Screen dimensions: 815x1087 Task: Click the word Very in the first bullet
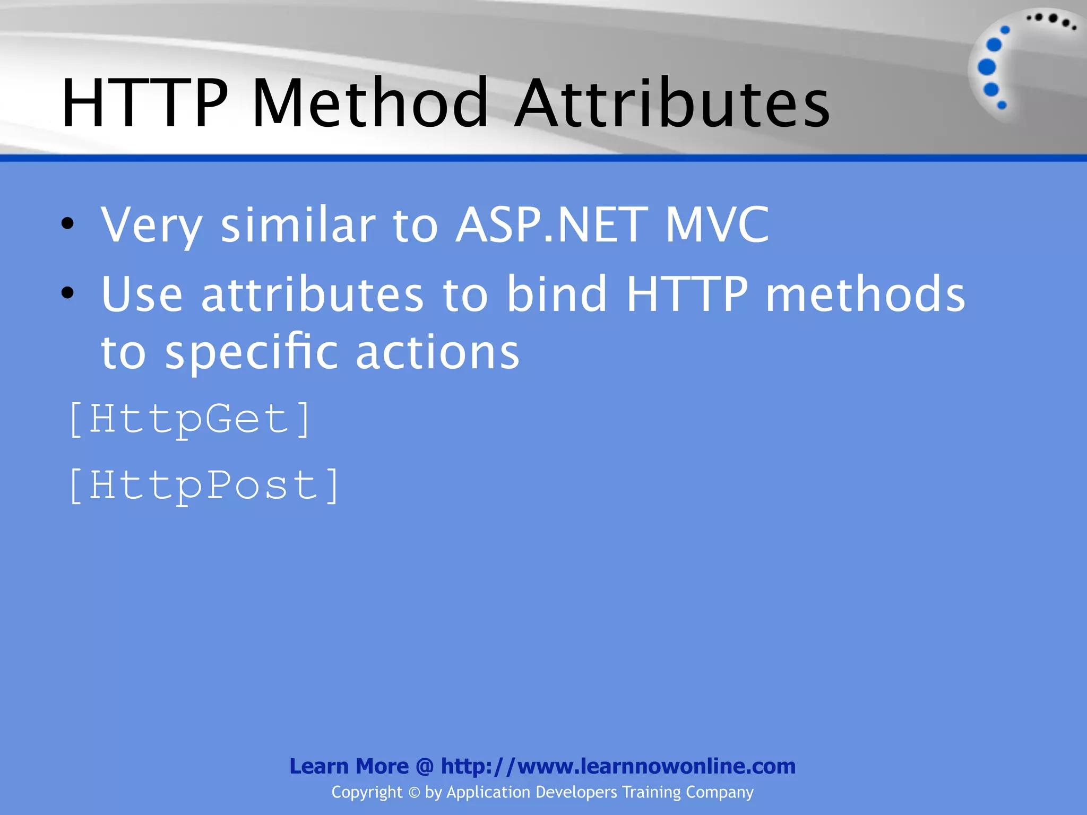coord(152,225)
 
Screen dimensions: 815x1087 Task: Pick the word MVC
coord(717,225)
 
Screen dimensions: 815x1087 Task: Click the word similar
coord(298,225)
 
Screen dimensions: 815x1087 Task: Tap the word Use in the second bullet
coord(142,294)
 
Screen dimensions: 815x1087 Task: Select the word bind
coord(557,294)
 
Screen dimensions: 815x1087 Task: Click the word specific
coord(251,352)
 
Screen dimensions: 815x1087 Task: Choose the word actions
coord(437,353)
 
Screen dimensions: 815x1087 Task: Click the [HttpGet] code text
coord(189,420)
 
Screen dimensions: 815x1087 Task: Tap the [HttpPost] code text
coord(204,485)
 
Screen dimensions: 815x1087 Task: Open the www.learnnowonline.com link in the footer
coord(618,766)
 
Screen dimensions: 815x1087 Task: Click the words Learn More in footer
coord(349,766)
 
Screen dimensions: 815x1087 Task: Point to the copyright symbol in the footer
coord(413,793)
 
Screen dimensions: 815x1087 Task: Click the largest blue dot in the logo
coord(987,67)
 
